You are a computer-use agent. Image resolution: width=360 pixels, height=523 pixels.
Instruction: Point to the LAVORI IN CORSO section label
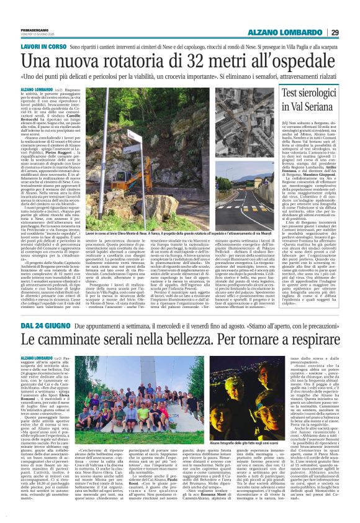pyautogui.click(x=43, y=47)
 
